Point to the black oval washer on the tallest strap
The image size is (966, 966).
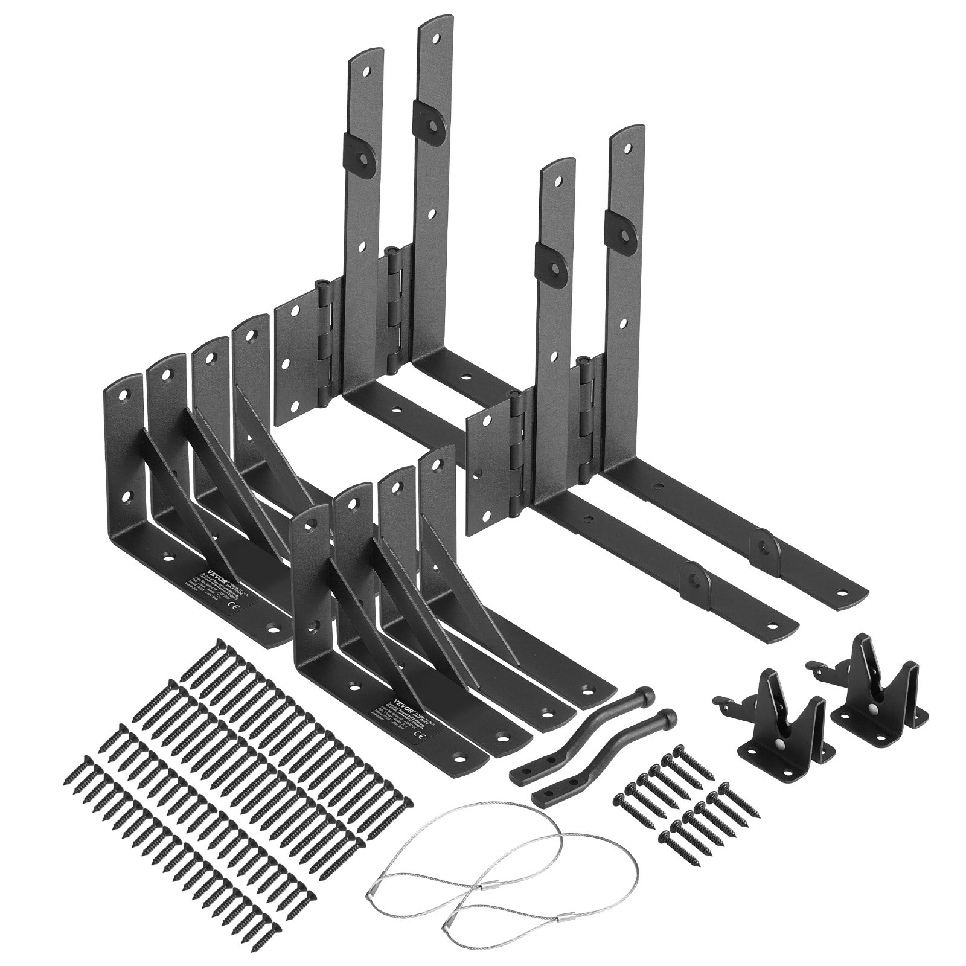(x=432, y=112)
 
